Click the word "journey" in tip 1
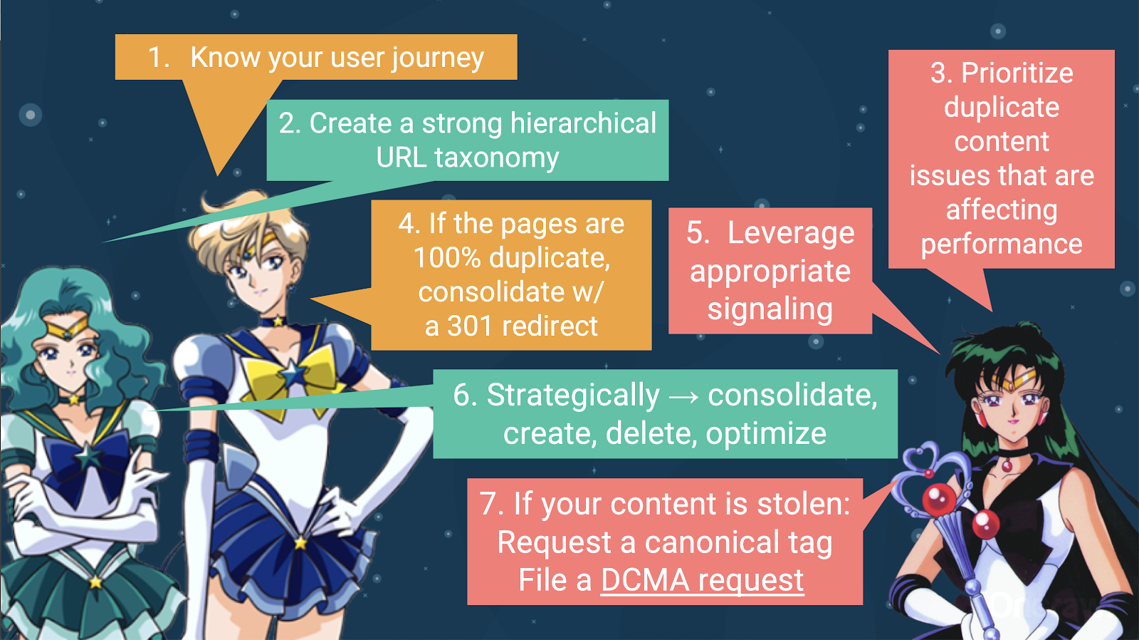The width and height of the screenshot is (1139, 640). pos(438,58)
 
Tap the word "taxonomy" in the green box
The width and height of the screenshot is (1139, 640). pos(496,158)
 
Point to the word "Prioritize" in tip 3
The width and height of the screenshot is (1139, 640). pos(1017,73)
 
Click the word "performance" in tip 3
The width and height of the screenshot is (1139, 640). pos(1002,244)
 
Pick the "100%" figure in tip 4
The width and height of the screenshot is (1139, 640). pos(447,257)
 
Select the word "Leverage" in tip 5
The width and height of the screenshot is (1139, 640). pos(791,234)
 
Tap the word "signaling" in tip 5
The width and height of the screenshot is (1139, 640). pos(770,309)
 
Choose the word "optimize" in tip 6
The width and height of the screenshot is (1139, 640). pos(766,434)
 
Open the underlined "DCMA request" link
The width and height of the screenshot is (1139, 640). pos(702,580)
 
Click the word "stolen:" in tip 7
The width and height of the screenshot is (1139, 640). pos(804,504)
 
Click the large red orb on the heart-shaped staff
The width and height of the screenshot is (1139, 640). pos(939,498)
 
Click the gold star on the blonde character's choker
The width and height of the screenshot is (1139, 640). pos(278,322)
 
